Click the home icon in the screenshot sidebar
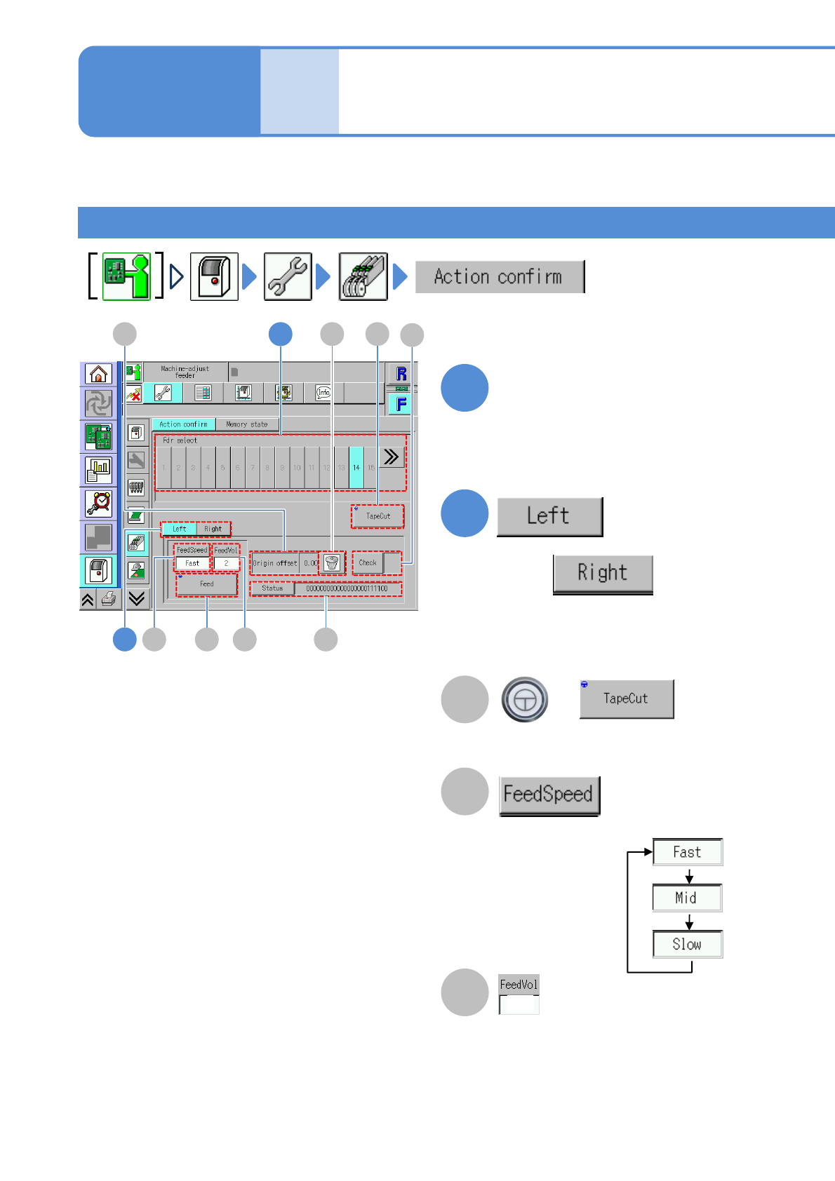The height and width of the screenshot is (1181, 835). point(98,374)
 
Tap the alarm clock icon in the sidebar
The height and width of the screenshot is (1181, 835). point(98,503)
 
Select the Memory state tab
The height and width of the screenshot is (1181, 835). point(246,424)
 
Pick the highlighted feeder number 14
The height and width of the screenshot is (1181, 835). point(356,467)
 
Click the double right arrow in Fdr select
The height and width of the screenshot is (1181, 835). point(391,457)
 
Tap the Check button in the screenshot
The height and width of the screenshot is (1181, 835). point(368,562)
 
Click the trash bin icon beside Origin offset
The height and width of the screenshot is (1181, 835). point(332,562)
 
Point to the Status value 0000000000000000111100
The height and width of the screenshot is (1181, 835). point(347,588)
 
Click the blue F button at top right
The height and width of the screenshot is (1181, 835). point(401,404)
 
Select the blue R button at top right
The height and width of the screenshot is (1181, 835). point(401,374)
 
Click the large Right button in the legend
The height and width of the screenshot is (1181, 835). point(603,574)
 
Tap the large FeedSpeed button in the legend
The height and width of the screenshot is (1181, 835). point(549,795)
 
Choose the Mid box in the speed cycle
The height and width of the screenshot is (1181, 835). point(687,898)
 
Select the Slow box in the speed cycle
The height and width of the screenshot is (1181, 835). point(687,944)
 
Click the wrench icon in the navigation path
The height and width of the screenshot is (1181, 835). point(288,276)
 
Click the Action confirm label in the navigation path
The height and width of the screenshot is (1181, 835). point(499,276)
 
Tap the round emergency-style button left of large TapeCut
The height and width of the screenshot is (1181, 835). point(525,699)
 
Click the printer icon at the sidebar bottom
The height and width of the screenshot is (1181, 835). point(109,599)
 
